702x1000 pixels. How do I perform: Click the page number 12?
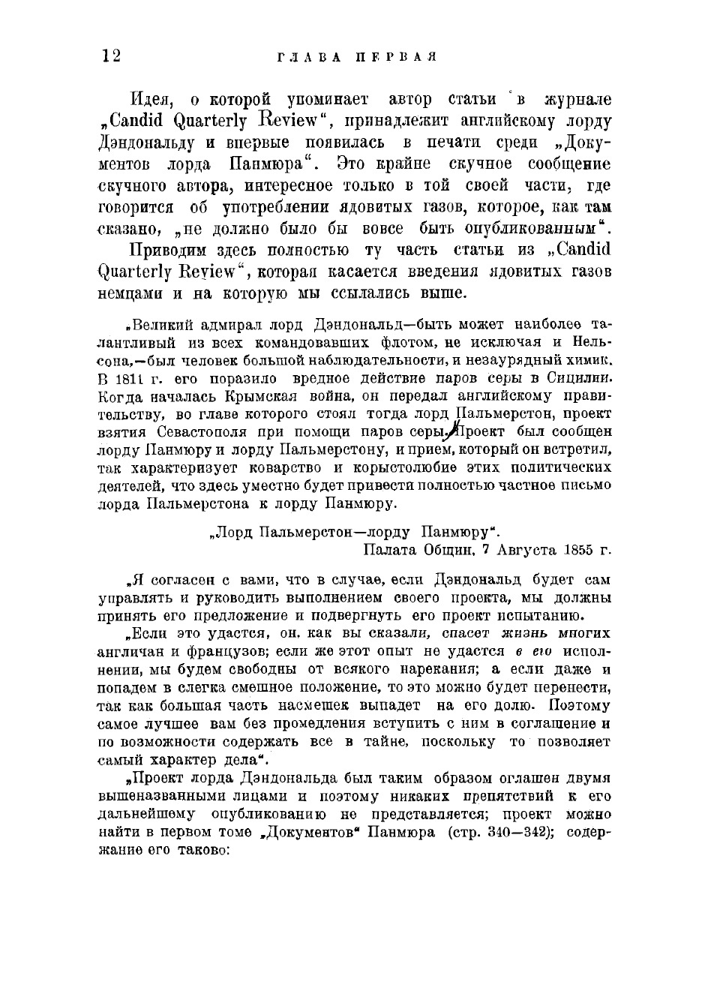(109, 56)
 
